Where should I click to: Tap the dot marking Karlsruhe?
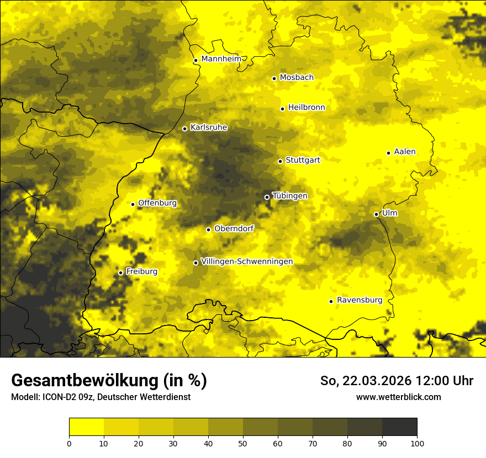tap(185, 129)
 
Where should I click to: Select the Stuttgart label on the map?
tap(303, 160)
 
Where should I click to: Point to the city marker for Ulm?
tap(376, 214)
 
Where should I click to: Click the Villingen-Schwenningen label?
tap(247, 262)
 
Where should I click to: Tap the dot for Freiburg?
tap(120, 273)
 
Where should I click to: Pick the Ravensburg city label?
tap(360, 300)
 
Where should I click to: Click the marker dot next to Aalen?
tap(388, 153)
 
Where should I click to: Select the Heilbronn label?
tap(307, 108)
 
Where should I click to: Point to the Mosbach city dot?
tap(274, 78)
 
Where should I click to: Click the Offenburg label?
tap(157, 203)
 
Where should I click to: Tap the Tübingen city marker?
tap(267, 197)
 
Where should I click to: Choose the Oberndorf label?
tap(234, 228)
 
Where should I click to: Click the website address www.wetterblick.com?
tap(399, 397)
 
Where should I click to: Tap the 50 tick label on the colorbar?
tap(243, 443)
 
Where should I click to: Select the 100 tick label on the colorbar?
tap(417, 443)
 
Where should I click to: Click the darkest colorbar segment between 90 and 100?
tap(399, 427)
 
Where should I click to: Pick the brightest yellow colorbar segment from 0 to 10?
tap(87, 427)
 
